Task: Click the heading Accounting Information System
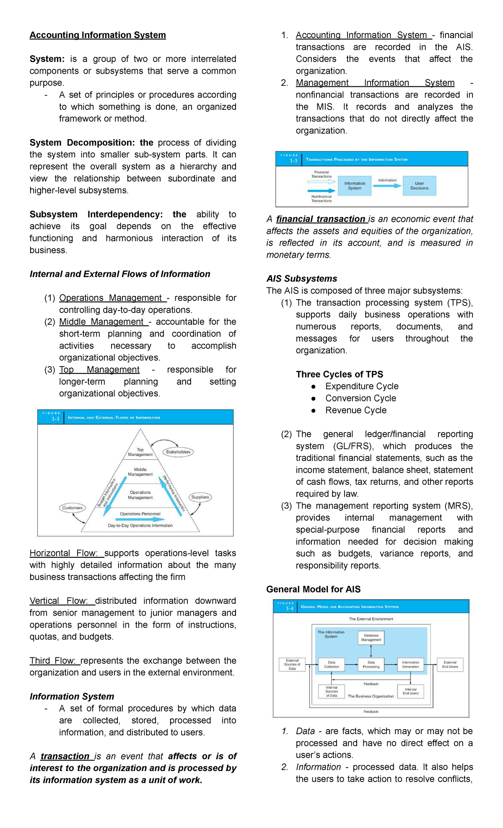tap(98, 35)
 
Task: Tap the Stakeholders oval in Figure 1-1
tap(178, 452)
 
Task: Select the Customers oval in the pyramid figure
tap(72, 508)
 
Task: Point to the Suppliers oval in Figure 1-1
tap(200, 497)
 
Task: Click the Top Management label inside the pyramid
tap(140, 452)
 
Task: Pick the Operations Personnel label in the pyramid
tap(140, 514)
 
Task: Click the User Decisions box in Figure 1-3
tap(419, 186)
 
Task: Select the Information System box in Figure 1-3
tap(355, 186)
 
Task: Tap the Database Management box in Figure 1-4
tap(371, 638)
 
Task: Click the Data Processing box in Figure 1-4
tap(371, 665)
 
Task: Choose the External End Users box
tap(450, 665)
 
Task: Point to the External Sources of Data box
tap(292, 665)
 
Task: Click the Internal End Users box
tap(410, 691)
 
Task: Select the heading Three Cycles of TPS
tap(340, 374)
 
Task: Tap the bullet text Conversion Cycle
tap(360, 398)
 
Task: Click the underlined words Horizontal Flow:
tap(64, 553)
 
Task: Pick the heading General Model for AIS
tap(313, 589)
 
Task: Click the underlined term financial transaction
tap(321, 219)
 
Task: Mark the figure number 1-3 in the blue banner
tap(293, 161)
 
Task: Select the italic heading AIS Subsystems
tap(301, 279)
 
